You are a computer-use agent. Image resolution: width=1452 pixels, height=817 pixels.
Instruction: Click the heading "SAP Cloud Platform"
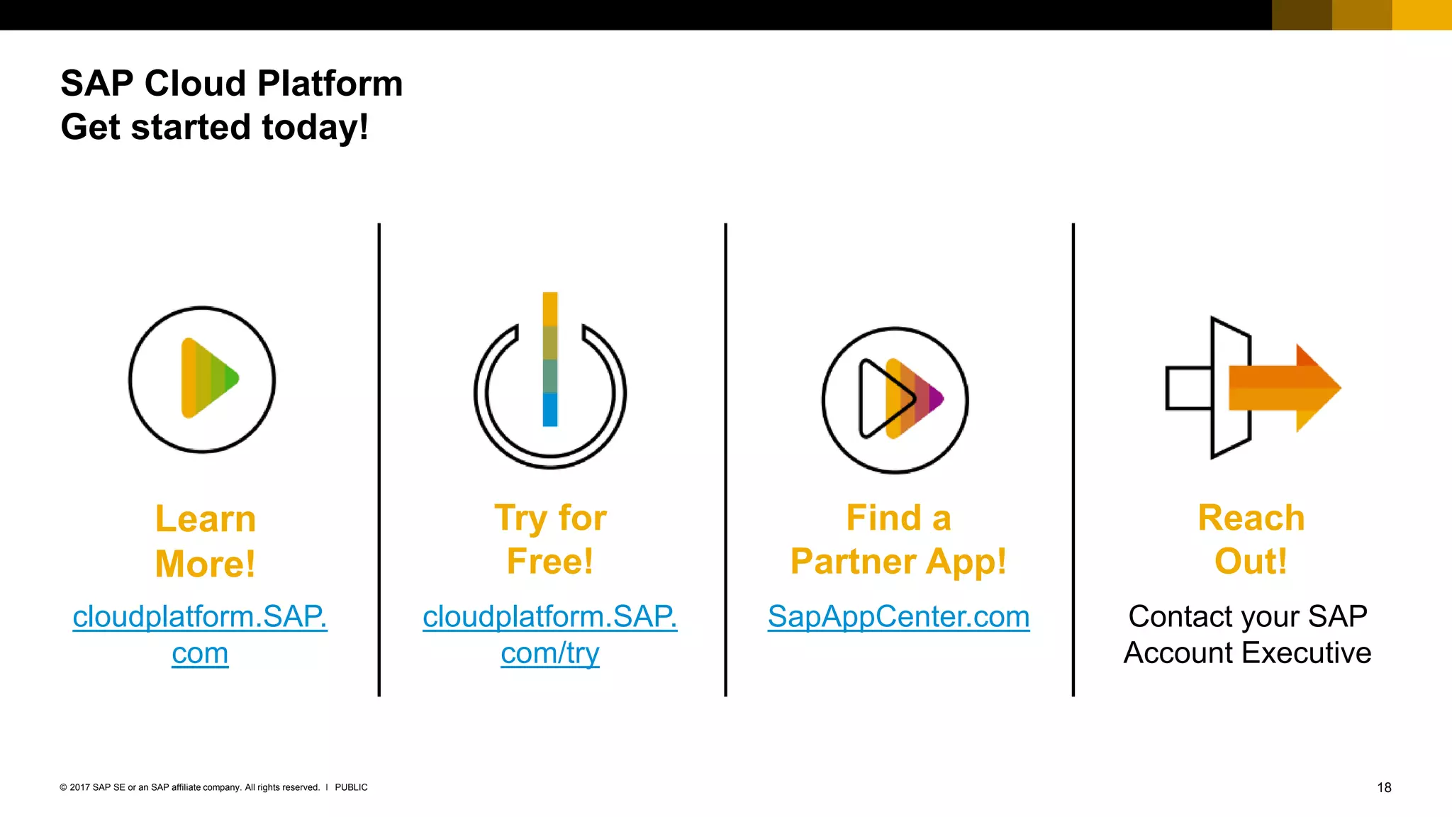(x=231, y=84)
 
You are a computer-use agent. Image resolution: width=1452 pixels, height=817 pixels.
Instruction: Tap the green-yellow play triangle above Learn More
(x=208, y=378)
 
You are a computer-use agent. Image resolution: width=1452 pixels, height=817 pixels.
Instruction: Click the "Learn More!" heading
(x=205, y=541)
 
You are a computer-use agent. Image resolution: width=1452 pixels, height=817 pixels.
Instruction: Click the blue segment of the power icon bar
(x=550, y=410)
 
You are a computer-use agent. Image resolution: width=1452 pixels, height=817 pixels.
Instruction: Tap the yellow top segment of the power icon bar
(x=550, y=309)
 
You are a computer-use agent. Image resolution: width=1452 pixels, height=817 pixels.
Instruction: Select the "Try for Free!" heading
(x=550, y=540)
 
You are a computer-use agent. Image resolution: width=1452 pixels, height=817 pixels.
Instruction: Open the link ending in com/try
(x=550, y=652)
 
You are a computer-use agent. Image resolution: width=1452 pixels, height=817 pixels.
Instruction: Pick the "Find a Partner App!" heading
(x=898, y=540)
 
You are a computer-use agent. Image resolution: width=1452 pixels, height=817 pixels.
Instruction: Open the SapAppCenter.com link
(x=898, y=617)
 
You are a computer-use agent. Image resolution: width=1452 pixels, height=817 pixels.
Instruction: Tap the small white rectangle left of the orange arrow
(x=1188, y=388)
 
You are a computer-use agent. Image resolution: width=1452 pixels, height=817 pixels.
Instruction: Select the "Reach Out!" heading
(x=1251, y=540)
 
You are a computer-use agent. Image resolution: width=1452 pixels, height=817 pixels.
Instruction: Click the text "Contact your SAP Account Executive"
(x=1247, y=634)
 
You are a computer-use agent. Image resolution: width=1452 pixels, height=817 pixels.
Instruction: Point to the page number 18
(x=1384, y=787)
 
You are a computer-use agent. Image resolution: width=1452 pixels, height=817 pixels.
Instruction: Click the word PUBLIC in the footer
(x=351, y=787)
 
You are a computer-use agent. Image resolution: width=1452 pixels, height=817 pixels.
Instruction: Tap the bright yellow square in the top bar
(x=1422, y=15)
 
